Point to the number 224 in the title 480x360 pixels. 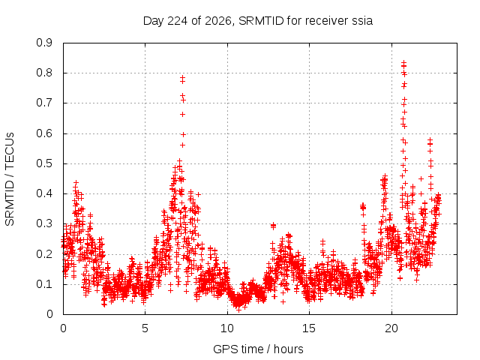point(178,21)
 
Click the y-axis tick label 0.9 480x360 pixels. point(44,43)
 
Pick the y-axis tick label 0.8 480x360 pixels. point(44,73)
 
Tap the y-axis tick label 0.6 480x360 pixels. point(44,133)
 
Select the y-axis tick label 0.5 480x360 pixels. point(44,163)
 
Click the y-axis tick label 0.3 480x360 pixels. point(44,223)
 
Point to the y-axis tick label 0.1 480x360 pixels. point(44,284)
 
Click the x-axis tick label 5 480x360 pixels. point(145,328)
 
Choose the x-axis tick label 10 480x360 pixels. point(226,328)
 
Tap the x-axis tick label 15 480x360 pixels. point(309,328)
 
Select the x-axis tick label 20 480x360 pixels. point(391,328)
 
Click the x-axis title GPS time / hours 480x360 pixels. point(258,349)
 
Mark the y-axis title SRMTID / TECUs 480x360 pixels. point(10,179)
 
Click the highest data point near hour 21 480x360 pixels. point(403,62)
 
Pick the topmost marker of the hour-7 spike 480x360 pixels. point(183,77)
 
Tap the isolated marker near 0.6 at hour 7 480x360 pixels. point(183,134)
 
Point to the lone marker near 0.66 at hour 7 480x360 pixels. point(182,114)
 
